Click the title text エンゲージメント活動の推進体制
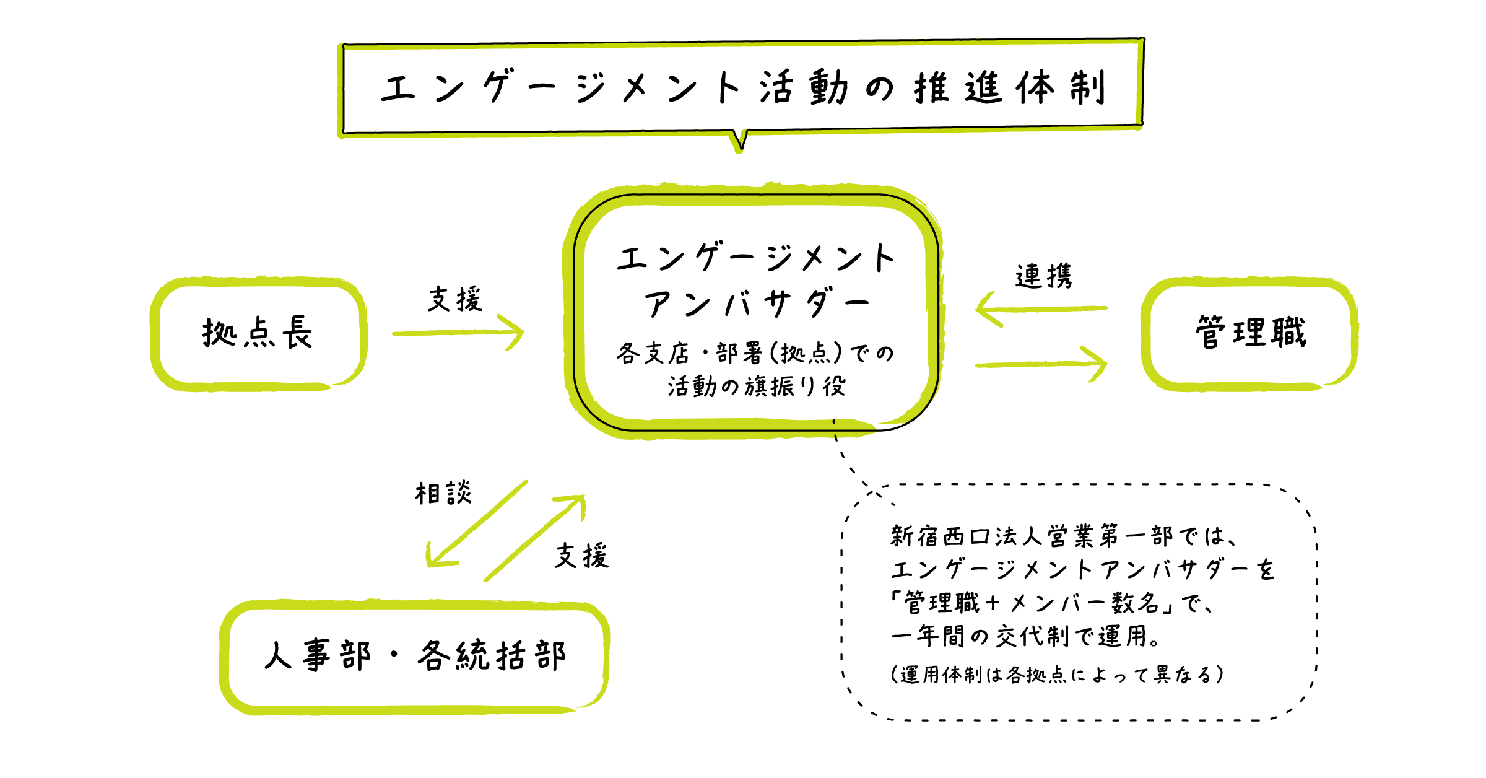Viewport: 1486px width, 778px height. (742, 88)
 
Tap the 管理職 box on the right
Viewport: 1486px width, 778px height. (1250, 333)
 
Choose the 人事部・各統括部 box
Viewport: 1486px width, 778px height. (414, 656)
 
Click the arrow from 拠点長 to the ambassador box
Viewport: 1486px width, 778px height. (458, 333)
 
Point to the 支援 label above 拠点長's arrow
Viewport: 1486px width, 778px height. (455, 299)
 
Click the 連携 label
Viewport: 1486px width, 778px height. (1043, 276)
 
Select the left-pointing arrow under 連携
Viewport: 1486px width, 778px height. (1041, 308)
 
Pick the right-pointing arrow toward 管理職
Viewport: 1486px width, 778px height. (1041, 364)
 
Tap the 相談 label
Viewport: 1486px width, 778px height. (443, 494)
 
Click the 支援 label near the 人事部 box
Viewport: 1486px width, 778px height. (581, 556)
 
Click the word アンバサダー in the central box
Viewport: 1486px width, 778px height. (756, 304)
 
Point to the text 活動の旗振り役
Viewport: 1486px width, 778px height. (757, 387)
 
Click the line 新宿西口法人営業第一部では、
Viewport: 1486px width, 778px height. (1064, 536)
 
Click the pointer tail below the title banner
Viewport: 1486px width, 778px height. (740, 141)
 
